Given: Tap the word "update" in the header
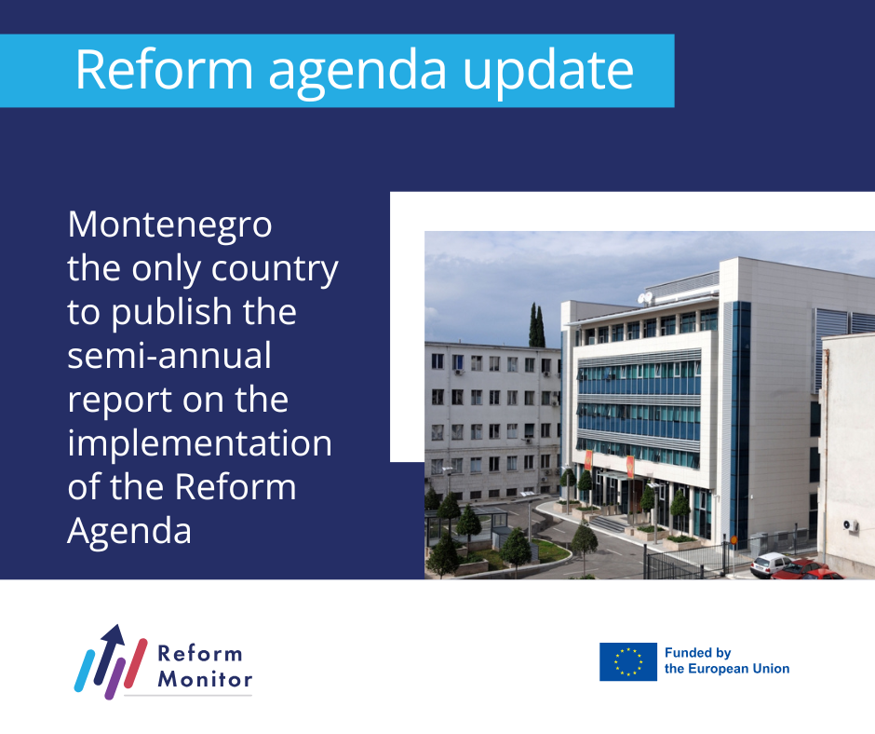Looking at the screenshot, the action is (x=548, y=71).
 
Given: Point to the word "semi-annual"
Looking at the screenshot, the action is (x=169, y=355).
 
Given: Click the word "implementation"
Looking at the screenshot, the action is (x=200, y=443).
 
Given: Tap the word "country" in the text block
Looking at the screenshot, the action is (x=275, y=270).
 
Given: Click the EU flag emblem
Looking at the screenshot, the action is (x=627, y=662).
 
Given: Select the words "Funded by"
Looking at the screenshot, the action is (x=697, y=653).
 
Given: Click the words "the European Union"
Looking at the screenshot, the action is (x=727, y=669).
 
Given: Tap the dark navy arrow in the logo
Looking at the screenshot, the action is (x=109, y=652).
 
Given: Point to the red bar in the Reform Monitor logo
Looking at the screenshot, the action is (x=136, y=663).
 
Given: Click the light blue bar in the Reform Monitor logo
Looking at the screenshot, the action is (x=85, y=671).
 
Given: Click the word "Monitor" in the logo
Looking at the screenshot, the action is (x=205, y=679).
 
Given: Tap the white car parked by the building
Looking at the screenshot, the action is (x=770, y=564).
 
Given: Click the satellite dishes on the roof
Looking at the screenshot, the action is (x=645, y=298).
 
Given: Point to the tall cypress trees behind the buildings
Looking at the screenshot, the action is (x=537, y=325).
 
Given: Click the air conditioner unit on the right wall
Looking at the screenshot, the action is (x=851, y=525).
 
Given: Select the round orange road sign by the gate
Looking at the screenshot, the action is (x=734, y=540).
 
